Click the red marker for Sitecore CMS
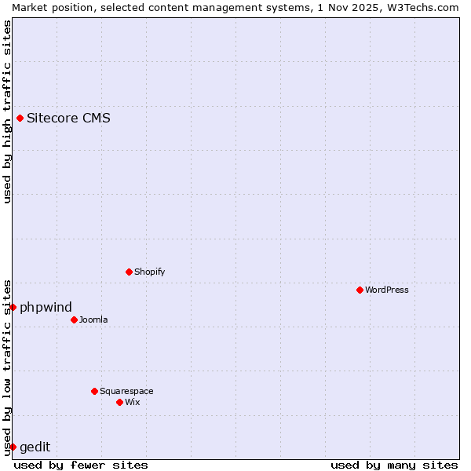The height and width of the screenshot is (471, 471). [20, 119]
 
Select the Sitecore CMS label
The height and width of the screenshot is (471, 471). [68, 119]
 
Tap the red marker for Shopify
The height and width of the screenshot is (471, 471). [129, 272]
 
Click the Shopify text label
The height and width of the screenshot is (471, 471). [149, 272]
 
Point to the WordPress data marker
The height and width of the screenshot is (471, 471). [360, 290]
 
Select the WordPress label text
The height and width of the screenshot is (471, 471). [386, 290]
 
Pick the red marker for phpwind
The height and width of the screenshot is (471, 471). [13, 307]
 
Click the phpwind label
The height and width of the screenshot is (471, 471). [46, 307]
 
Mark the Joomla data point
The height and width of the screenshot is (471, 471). [74, 320]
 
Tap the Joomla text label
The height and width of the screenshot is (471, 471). [93, 320]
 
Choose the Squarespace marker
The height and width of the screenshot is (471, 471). [94, 392]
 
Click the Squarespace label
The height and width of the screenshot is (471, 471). [126, 392]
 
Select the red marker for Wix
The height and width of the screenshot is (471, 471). [119, 403]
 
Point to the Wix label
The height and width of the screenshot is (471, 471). [133, 403]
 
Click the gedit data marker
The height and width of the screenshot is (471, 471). [13, 447]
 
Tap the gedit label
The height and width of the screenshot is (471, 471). [35, 447]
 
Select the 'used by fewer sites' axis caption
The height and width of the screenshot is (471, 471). [81, 465]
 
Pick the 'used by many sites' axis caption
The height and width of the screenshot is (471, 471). [394, 465]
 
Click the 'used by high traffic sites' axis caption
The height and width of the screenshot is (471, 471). [7, 111]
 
